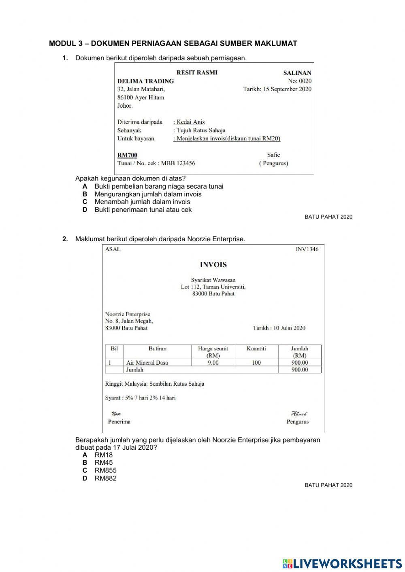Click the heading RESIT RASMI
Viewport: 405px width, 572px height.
pyautogui.click(x=197, y=72)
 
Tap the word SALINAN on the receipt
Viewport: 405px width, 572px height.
pyautogui.click(x=297, y=73)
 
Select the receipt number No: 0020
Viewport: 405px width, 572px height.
pyautogui.click(x=300, y=81)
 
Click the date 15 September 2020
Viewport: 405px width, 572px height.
pyautogui.click(x=287, y=89)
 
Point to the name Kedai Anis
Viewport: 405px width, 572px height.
pyautogui.click(x=190, y=122)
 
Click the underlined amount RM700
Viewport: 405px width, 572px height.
pyautogui.click(x=127, y=155)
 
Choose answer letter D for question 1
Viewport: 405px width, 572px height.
pyautogui.click(x=85, y=210)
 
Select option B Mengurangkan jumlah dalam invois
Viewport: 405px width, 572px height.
pyautogui.click(x=148, y=194)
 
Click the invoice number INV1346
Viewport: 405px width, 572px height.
pyautogui.click(x=307, y=249)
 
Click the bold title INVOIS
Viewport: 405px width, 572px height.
pyautogui.click(x=213, y=265)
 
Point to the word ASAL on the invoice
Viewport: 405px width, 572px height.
pyautogui.click(x=113, y=249)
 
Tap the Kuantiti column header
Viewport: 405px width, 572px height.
pyautogui.click(x=256, y=348)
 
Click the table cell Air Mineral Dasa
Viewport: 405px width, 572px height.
pyautogui.click(x=147, y=363)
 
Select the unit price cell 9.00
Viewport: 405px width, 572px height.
pyautogui.click(x=213, y=363)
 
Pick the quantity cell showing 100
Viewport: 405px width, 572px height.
pyautogui.click(x=256, y=363)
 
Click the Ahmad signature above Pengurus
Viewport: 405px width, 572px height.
pyautogui.click(x=299, y=414)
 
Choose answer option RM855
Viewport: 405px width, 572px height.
pyautogui.click(x=105, y=470)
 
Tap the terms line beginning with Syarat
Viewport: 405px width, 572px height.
pyautogui.click(x=140, y=398)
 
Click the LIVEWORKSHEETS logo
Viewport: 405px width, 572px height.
pyautogui.click(x=342, y=563)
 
